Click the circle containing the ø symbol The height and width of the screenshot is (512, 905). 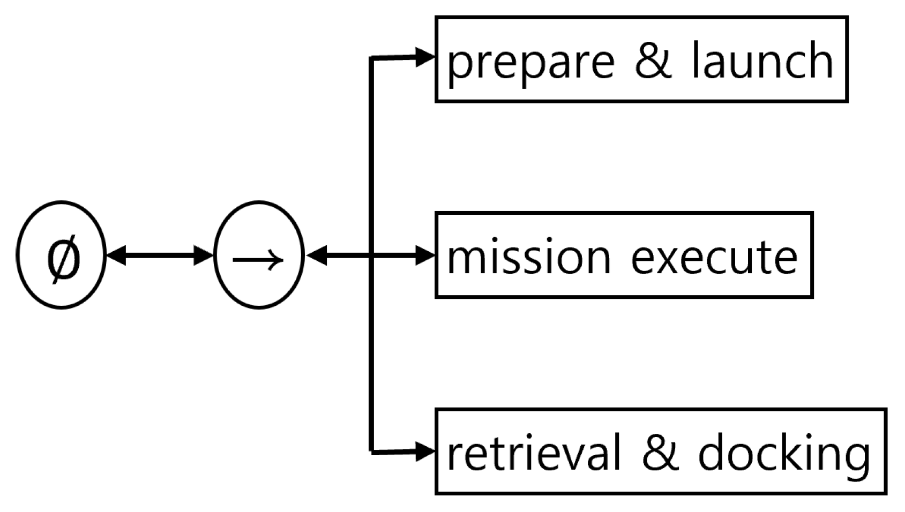(x=61, y=255)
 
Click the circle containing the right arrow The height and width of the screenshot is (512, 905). (x=259, y=255)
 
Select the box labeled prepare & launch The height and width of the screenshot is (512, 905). (x=641, y=59)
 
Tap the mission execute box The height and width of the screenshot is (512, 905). (x=624, y=255)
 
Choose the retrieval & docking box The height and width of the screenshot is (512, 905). (x=660, y=451)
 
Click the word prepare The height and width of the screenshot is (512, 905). (x=530, y=62)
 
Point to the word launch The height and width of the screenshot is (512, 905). (x=762, y=60)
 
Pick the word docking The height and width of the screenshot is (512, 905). (x=784, y=454)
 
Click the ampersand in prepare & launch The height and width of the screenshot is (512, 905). (x=653, y=60)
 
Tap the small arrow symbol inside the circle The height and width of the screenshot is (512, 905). (x=258, y=260)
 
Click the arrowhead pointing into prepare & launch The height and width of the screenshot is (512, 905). (x=425, y=56)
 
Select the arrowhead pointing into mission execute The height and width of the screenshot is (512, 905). (x=425, y=255)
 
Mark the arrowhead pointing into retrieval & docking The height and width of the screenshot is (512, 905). (x=425, y=451)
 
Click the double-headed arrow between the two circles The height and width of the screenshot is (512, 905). (x=160, y=255)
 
